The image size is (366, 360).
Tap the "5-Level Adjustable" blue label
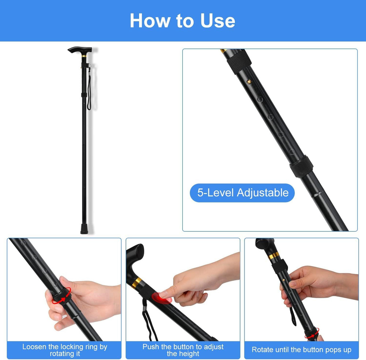point(243,193)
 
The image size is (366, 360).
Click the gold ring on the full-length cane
point(84,56)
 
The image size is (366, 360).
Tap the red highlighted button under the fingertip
point(161,298)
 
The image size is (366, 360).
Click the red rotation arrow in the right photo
point(310,335)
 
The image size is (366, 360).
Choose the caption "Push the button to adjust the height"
point(183,350)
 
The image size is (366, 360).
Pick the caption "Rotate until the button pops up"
point(301,350)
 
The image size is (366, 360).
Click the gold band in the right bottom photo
point(274,257)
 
